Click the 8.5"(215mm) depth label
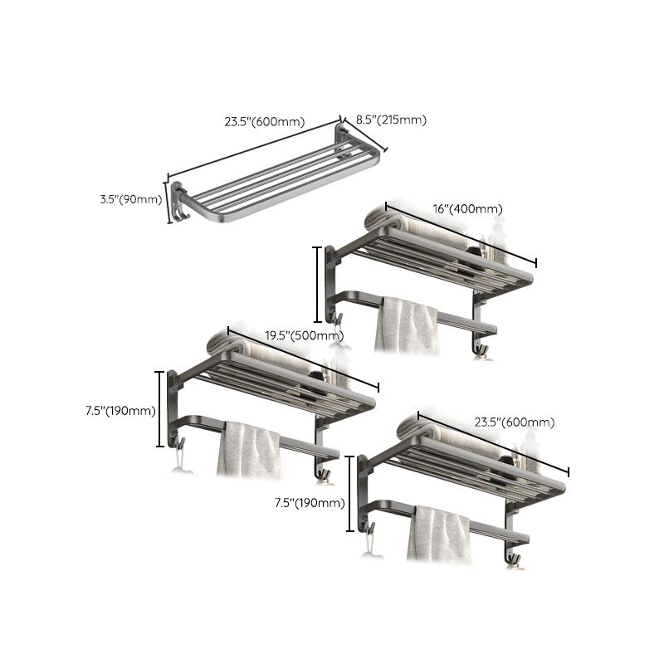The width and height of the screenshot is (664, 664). [x=391, y=120]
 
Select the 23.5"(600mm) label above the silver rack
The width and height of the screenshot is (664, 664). [x=263, y=121]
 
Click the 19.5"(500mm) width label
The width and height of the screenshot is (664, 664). [x=304, y=336]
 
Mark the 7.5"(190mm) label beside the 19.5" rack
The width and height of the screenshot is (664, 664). [x=121, y=410]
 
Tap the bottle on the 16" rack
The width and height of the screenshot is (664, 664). [x=497, y=242]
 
